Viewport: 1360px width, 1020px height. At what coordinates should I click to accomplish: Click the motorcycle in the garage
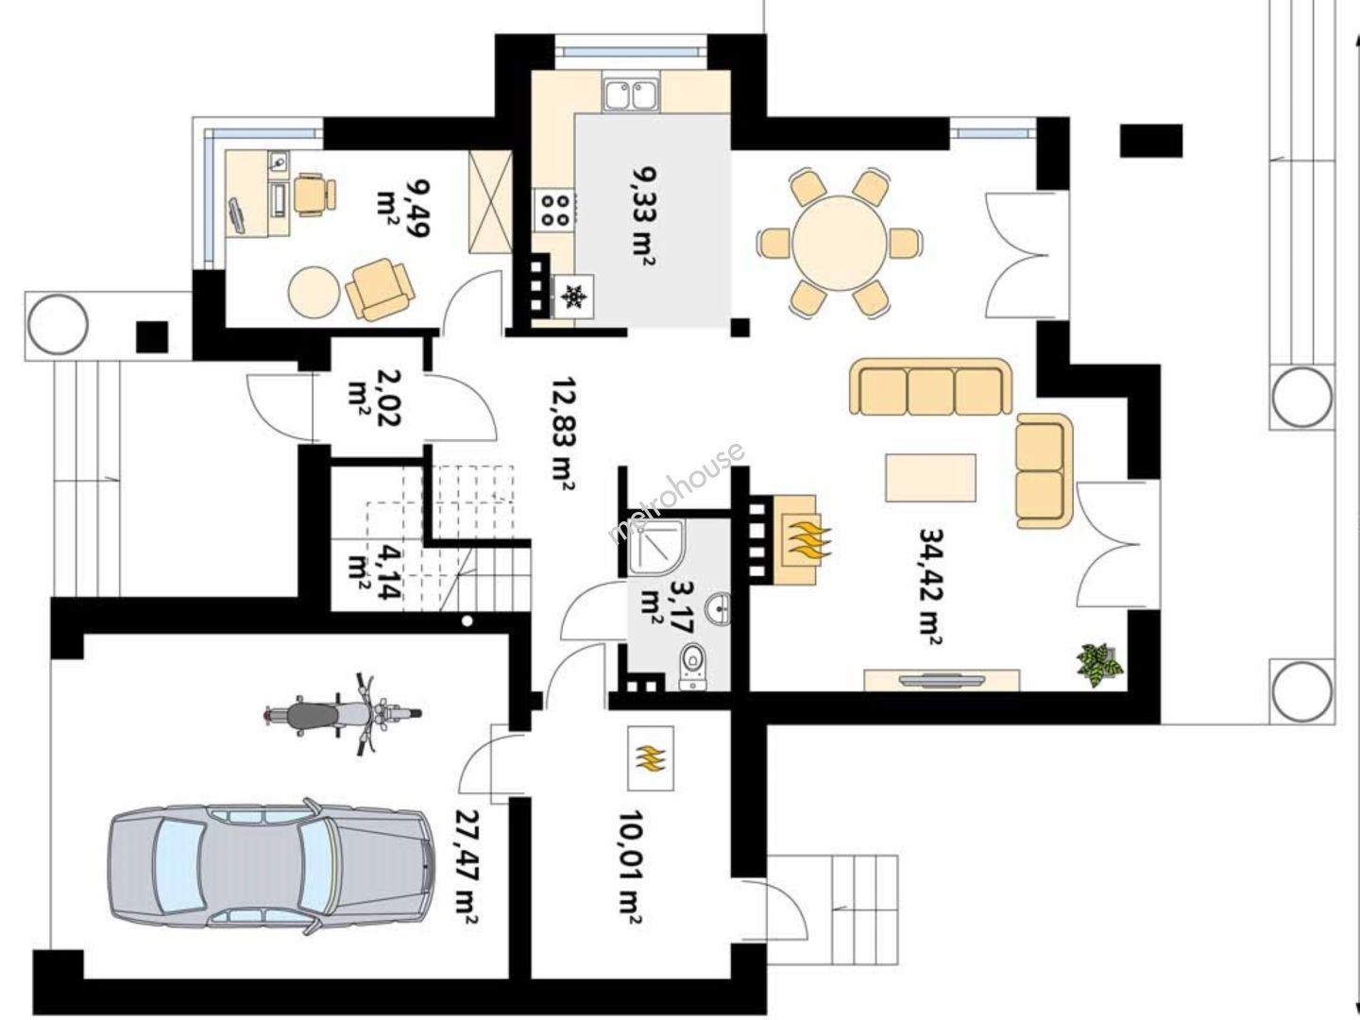tap(342, 714)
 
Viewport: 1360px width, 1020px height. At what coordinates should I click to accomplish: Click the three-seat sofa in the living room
tap(930, 386)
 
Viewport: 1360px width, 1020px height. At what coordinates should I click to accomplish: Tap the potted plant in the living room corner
tap(1099, 665)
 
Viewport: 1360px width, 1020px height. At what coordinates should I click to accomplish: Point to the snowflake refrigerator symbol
tap(573, 296)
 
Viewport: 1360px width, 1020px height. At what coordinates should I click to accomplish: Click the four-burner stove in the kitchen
tap(555, 210)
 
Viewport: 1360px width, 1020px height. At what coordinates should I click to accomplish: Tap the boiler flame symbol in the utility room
tap(651, 758)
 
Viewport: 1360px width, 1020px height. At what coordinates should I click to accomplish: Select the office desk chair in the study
tap(314, 194)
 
